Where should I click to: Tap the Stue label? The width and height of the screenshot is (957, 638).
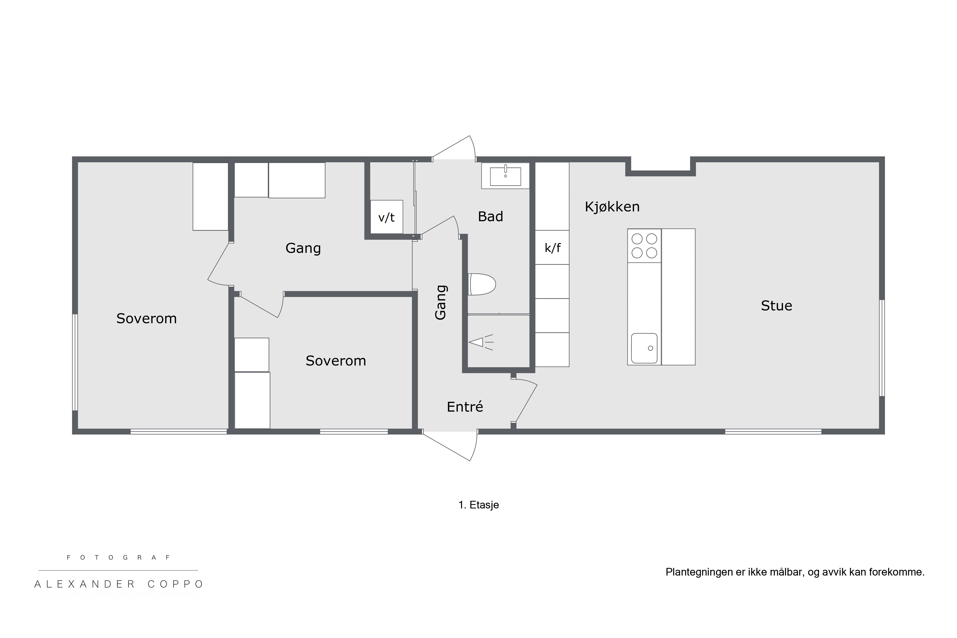click(x=776, y=305)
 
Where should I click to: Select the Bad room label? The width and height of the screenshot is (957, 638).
click(x=490, y=217)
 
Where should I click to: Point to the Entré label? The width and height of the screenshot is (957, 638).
click(x=465, y=406)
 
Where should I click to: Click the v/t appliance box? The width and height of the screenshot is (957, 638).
click(x=387, y=217)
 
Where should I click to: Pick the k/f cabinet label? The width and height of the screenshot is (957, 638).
click(x=552, y=248)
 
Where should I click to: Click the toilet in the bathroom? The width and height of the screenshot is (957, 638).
click(x=482, y=284)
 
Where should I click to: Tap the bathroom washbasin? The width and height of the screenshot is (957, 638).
click(x=505, y=176)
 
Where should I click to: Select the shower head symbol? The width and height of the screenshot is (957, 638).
click(x=481, y=342)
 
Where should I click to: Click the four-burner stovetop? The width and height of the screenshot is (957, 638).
click(x=644, y=246)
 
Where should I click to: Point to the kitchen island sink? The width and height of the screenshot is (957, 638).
click(x=644, y=348)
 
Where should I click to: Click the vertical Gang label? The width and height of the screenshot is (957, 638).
click(x=441, y=302)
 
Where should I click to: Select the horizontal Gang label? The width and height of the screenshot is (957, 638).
click(x=303, y=248)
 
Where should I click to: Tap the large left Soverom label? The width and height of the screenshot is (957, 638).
click(x=146, y=319)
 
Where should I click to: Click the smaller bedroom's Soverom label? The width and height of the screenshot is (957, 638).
click(x=336, y=361)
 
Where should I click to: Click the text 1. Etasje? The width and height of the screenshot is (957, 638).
click(x=478, y=505)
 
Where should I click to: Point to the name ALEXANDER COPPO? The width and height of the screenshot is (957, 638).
click(x=119, y=584)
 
